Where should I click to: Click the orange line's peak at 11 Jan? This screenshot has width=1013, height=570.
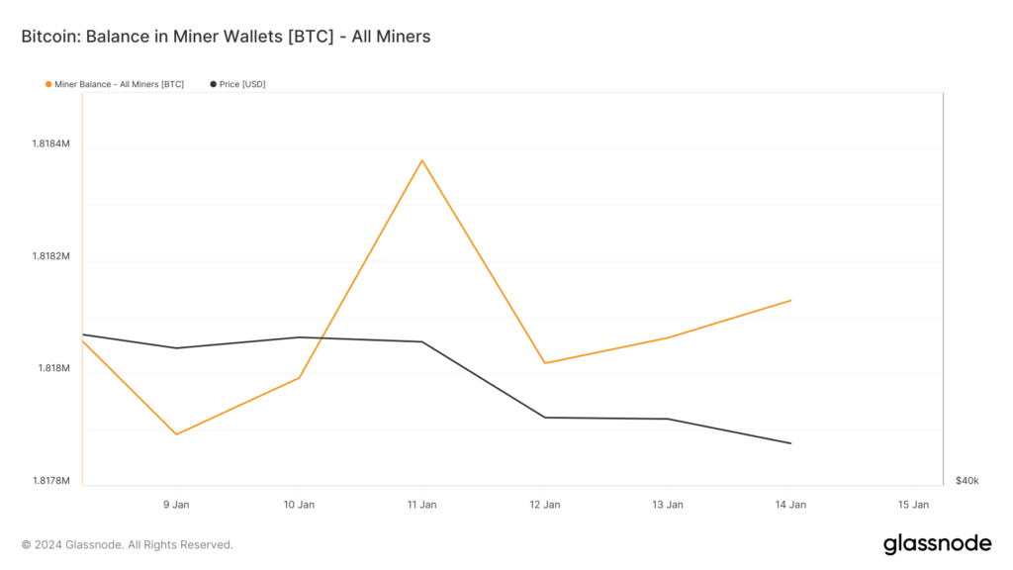click(422, 160)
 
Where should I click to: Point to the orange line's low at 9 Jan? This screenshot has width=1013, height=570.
click(176, 434)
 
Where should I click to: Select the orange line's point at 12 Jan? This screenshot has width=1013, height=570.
click(545, 363)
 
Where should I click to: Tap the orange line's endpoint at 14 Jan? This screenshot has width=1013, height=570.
click(790, 300)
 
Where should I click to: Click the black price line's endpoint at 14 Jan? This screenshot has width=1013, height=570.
click(790, 443)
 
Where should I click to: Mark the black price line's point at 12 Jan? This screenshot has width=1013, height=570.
click(545, 418)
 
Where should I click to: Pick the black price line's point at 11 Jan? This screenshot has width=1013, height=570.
click(422, 341)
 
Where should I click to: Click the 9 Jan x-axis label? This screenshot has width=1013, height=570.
click(176, 505)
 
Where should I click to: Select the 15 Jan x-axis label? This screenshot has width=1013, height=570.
click(913, 505)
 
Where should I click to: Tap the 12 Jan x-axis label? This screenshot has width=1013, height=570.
click(545, 505)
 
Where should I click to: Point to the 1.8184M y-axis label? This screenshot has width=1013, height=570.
click(51, 144)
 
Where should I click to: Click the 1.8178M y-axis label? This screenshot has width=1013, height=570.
click(51, 481)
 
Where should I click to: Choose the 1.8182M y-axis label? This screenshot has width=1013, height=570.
click(51, 256)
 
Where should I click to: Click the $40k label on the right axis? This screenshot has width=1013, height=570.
click(967, 481)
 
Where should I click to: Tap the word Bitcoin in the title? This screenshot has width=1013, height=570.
click(48, 37)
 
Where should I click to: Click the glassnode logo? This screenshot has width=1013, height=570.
click(936, 543)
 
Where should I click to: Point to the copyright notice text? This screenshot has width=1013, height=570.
click(128, 544)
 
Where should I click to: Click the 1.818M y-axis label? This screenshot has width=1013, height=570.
click(53, 369)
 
